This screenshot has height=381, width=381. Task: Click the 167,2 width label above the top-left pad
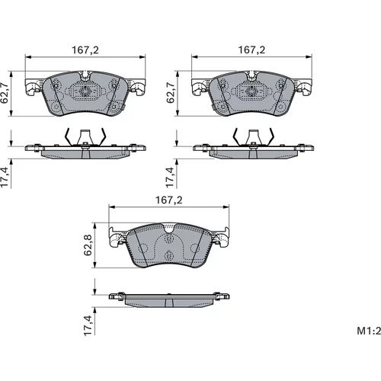tap(85, 50)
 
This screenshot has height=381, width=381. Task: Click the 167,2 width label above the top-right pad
tap(251, 50)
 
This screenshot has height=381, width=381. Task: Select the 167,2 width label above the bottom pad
tap(169, 200)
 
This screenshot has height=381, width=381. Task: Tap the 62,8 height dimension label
tap(88, 245)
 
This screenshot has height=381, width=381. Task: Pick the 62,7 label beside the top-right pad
tap(171, 92)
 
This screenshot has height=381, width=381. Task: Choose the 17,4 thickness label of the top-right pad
tap(171, 178)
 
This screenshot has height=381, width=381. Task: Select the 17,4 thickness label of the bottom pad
tap(88, 325)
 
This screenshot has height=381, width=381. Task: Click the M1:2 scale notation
tap(369, 331)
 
